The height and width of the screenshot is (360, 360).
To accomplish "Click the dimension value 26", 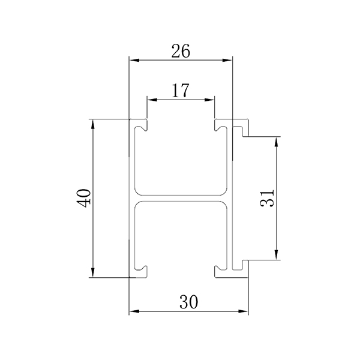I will pyautogui.click(x=181, y=52).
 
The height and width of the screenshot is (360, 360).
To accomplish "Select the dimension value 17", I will pyautogui.click(x=181, y=91).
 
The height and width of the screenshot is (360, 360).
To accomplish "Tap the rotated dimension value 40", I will pyautogui.click(x=85, y=198).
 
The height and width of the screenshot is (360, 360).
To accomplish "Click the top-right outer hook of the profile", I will pyautogui.click(x=244, y=127).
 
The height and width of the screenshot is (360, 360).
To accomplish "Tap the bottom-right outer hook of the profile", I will pyautogui.click(x=244, y=269).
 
